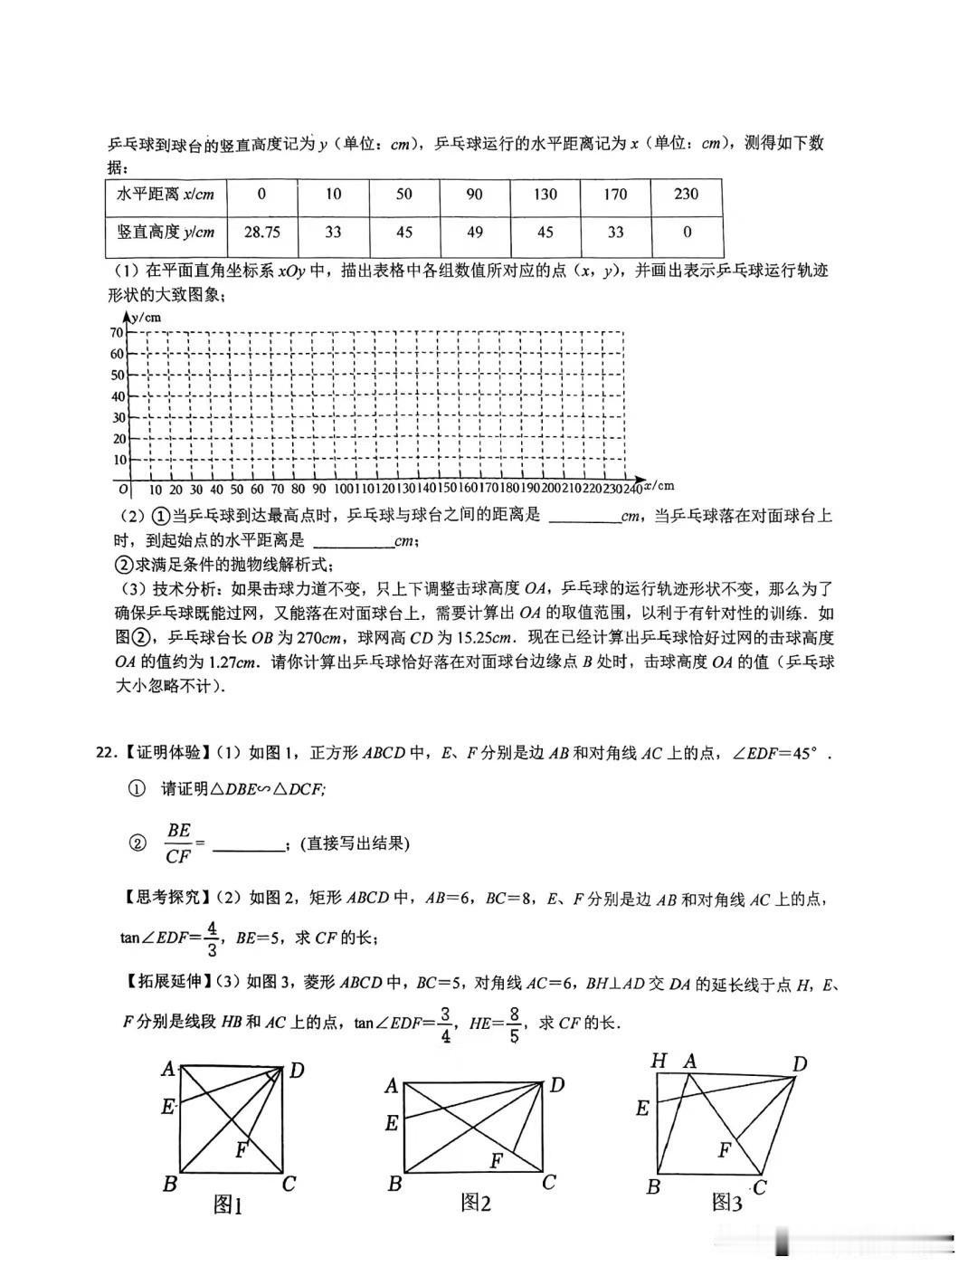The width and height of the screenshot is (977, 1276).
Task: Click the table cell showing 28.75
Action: coord(262,233)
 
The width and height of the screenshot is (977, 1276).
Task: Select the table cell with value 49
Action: coord(475,233)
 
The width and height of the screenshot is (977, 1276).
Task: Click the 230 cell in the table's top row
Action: coord(687,194)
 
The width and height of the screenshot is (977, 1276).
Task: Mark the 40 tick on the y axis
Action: coord(118,396)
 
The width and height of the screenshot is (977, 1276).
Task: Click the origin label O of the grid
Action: coord(123,490)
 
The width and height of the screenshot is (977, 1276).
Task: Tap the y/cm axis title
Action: coord(145,317)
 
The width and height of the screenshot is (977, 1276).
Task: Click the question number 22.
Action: coord(106,753)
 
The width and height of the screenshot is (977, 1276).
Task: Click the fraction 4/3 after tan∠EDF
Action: coord(212,938)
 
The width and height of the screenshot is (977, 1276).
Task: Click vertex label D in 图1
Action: coord(296,1071)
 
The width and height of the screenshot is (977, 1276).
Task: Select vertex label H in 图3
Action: coord(659,1061)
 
